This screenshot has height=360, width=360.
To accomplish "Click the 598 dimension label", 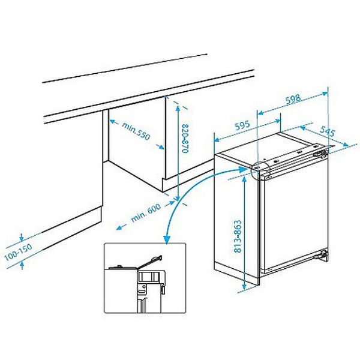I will [x=293, y=101].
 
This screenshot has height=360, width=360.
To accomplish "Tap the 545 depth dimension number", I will [x=327, y=130].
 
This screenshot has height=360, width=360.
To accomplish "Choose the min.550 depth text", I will [x=135, y=133].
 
